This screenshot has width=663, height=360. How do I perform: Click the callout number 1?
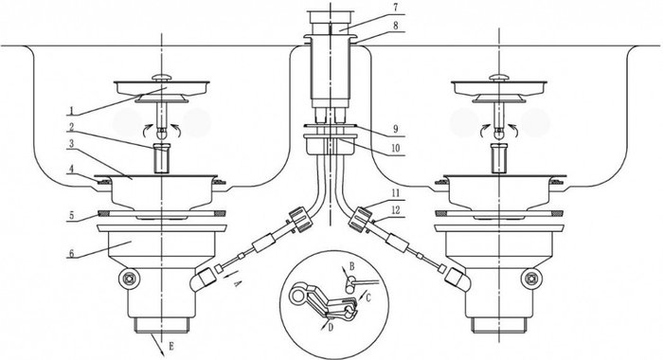[71, 111]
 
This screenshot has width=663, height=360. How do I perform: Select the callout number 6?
[71, 253]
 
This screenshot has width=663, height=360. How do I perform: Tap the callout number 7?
[395, 9]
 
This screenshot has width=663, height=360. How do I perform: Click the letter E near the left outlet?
[170, 347]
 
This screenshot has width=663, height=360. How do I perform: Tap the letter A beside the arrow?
[237, 283]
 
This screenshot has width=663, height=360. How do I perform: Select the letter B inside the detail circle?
[351, 266]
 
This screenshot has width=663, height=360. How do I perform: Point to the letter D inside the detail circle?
[331, 327]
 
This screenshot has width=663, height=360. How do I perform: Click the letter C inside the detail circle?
[367, 298]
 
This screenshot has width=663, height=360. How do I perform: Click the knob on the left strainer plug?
[162, 78]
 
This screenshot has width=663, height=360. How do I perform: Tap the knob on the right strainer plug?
[499, 78]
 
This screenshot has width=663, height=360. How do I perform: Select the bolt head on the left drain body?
[128, 279]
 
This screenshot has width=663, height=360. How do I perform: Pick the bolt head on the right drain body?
[531, 279]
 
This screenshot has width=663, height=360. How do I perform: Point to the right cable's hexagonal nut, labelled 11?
[360, 219]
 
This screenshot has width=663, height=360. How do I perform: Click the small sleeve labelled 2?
[161, 158]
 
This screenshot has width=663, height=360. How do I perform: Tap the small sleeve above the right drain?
[499, 158]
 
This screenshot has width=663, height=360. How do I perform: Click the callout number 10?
[395, 149]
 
